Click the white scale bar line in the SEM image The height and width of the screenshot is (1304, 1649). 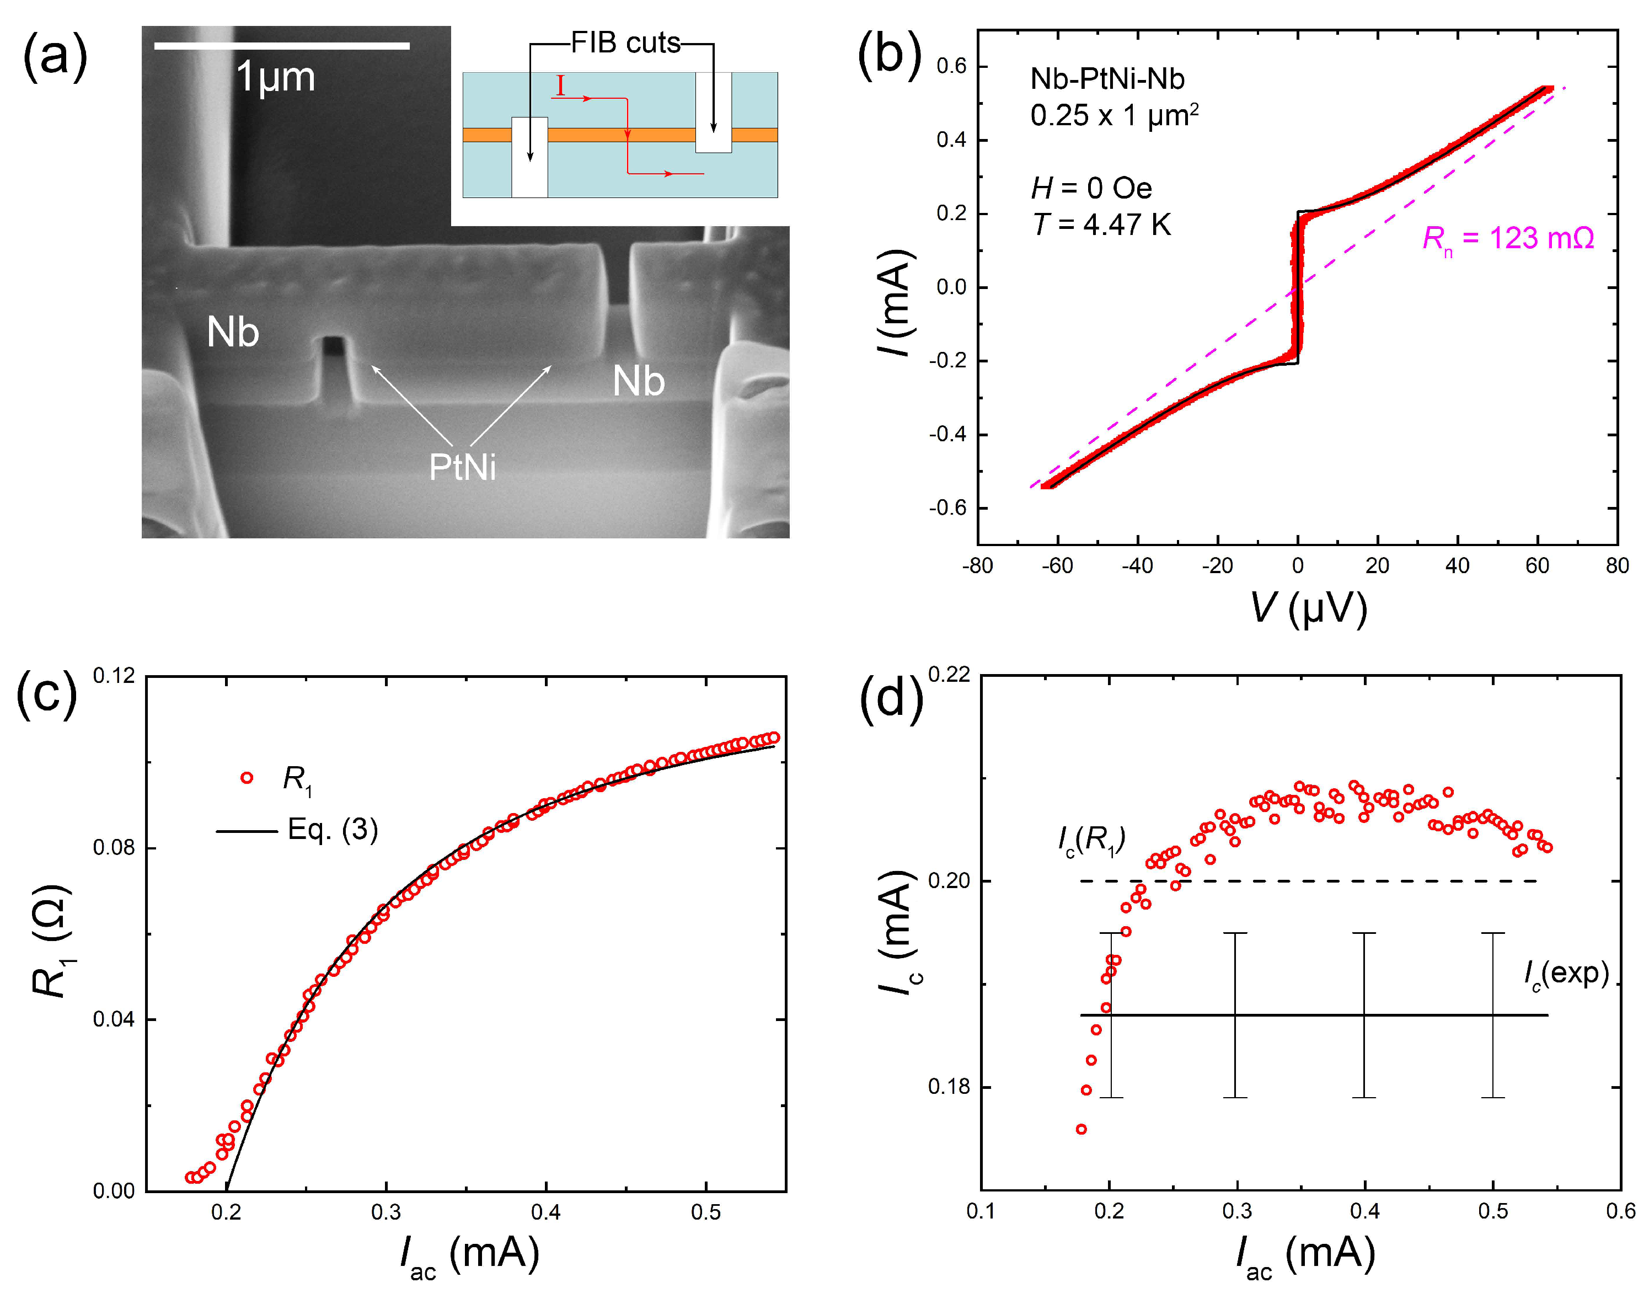[282, 46]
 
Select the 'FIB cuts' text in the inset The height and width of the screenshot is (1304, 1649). [625, 43]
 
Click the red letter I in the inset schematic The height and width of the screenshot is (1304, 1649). [561, 86]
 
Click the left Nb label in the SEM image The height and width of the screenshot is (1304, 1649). [233, 333]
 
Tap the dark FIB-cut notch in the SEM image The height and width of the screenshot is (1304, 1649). [334, 348]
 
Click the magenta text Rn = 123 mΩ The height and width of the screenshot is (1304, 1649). [1508, 239]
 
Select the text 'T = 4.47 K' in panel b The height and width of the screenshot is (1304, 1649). [1101, 225]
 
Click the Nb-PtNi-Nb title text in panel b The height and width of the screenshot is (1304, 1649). [1107, 79]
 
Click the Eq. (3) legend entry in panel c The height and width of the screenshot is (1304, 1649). [332, 830]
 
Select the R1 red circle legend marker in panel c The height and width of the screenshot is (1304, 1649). [247, 778]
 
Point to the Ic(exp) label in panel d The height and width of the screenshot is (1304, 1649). [1566, 974]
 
